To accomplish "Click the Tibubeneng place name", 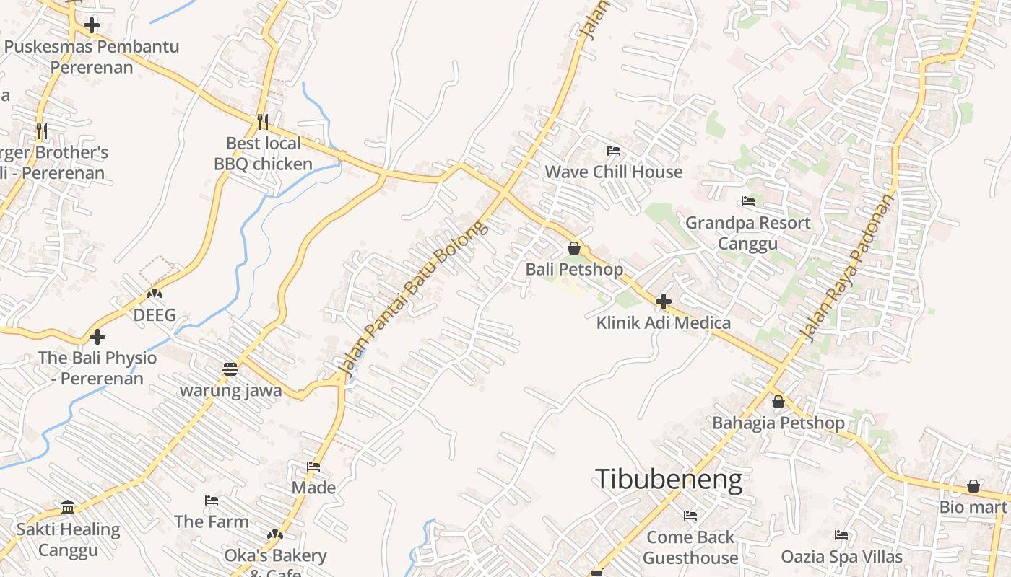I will tap(668, 480).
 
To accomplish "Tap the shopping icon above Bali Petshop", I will tap(574, 248).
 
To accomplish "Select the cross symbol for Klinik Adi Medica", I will tap(664, 301).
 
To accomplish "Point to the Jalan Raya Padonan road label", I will tap(848, 267).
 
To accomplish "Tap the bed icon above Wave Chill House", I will tap(614, 151).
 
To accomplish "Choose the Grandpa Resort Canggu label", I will tap(747, 232).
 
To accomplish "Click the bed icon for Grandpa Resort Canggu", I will tap(748, 201).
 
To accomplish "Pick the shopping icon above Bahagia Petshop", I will tap(778, 401).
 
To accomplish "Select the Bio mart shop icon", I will tap(973, 486).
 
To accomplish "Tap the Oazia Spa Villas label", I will tap(841, 557).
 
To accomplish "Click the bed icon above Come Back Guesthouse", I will tap(690, 516).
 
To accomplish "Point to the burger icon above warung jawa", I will tap(230, 369).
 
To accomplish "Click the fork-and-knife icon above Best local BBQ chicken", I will tap(263, 121).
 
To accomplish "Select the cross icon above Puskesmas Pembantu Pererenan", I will tap(92, 26).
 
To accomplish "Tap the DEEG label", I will tap(155, 315).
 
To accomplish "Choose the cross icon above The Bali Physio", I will tap(97, 337).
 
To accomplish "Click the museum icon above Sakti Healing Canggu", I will tap(68, 508).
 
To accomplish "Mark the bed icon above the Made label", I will tap(313, 466).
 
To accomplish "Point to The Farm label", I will tap(211, 521).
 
